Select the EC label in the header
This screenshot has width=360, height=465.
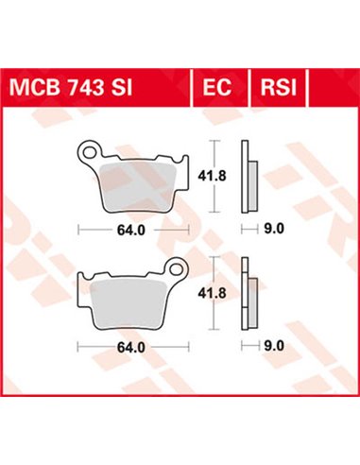[214, 86]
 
